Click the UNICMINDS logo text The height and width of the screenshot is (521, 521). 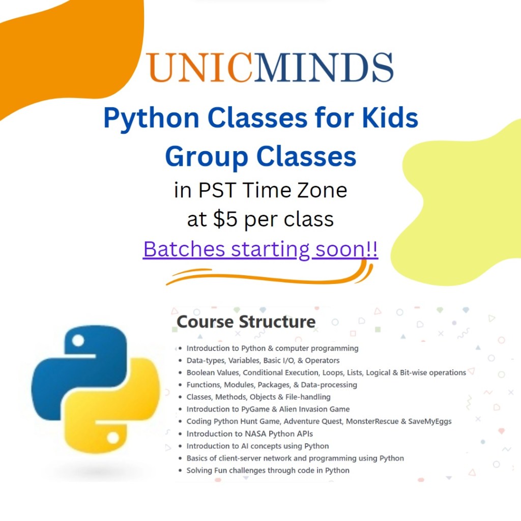[270, 68]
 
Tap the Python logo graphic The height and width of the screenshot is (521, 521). [96, 389]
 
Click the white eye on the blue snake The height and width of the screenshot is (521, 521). [78, 340]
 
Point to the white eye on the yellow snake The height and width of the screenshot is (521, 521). [113, 438]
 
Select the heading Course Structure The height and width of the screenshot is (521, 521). [246, 322]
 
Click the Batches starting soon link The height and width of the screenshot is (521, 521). [260, 249]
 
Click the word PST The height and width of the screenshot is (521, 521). [218, 190]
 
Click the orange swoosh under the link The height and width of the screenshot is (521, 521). [269, 275]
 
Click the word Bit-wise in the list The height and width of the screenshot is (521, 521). [413, 372]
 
